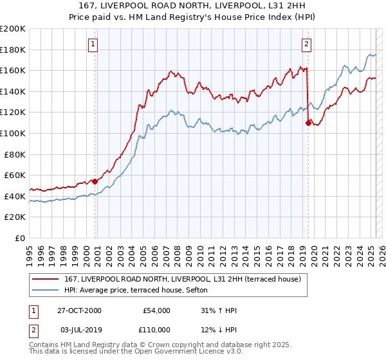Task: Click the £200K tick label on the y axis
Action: (x=13, y=29)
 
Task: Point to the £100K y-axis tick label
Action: (x=13, y=134)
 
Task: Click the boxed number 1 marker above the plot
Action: (x=94, y=44)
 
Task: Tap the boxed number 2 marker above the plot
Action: (x=306, y=44)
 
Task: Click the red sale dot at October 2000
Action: (x=95, y=181)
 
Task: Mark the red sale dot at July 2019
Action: (x=308, y=123)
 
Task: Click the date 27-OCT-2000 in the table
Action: (x=79, y=310)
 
